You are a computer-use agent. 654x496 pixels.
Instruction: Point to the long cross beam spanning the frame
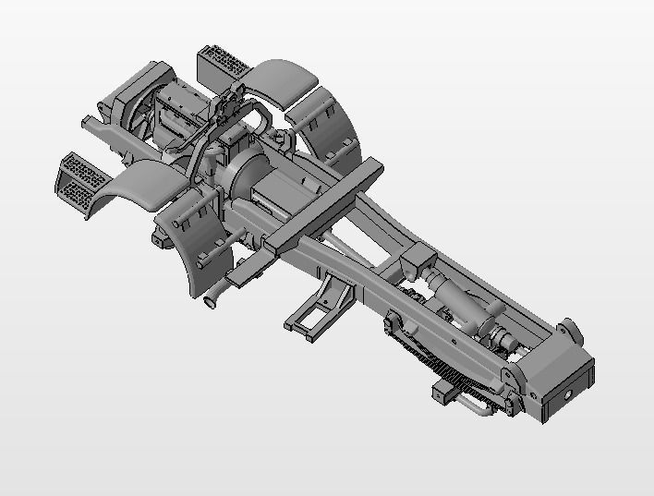tap(323, 203)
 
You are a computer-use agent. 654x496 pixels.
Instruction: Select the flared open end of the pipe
tap(211, 300)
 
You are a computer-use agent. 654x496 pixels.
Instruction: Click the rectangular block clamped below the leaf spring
tap(445, 393)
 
